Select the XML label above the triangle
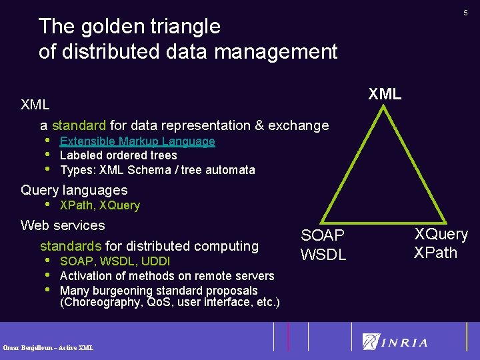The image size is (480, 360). (385, 94)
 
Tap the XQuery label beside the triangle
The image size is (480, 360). (441, 234)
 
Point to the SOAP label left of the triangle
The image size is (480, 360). (323, 235)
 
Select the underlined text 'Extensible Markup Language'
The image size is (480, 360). (137, 141)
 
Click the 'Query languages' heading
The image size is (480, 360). (74, 190)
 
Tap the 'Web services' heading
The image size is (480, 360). (63, 225)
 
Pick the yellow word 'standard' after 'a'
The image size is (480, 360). (79, 125)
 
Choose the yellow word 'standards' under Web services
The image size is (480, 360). (71, 246)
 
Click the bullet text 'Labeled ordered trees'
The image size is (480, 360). (118, 155)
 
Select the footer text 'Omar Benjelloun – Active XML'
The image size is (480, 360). (48, 347)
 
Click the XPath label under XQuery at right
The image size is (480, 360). (435, 253)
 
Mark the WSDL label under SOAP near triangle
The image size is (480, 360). (323, 254)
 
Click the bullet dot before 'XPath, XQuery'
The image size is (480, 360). (47, 205)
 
